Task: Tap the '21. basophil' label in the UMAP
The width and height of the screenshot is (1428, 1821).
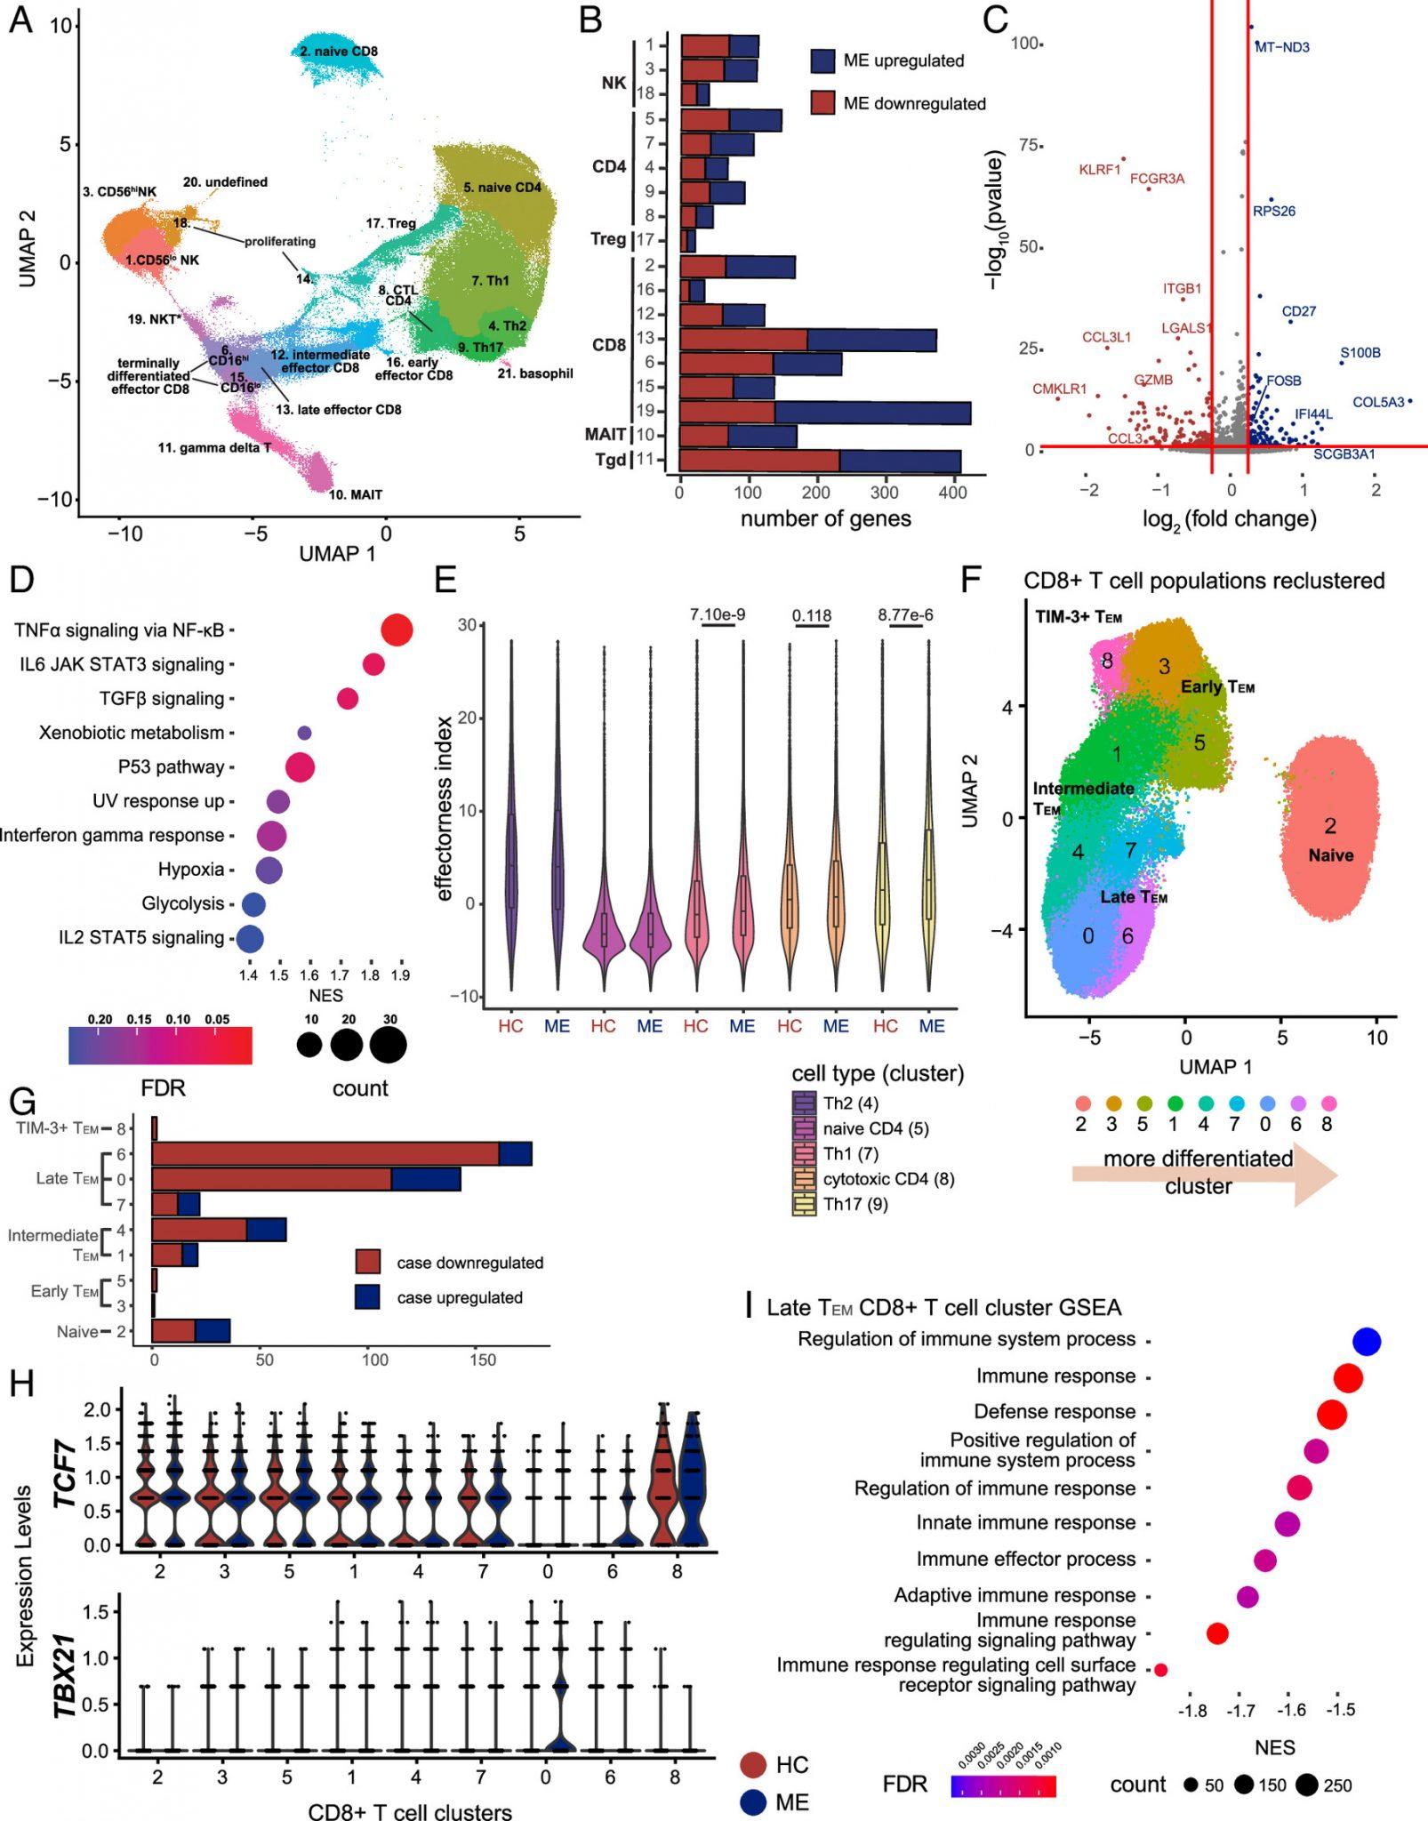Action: [534, 373]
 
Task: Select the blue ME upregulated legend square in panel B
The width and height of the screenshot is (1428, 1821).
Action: [822, 60]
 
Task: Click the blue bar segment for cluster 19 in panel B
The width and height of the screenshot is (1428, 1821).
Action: [871, 412]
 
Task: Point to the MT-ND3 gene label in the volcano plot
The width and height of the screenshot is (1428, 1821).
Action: [1282, 47]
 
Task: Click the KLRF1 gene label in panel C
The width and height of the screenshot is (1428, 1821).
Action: [1099, 169]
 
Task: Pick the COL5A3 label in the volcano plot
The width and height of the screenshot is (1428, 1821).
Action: [1377, 403]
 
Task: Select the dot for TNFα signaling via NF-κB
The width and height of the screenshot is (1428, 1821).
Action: [397, 630]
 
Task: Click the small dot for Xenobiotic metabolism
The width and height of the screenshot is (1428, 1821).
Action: [304, 733]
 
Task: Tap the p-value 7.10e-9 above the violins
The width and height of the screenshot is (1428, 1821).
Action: [718, 614]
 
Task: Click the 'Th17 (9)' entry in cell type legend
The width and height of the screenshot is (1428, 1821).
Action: [855, 1204]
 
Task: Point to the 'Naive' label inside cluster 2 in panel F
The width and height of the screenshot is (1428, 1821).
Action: [1330, 855]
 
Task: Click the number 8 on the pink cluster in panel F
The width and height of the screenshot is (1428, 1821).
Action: [1107, 661]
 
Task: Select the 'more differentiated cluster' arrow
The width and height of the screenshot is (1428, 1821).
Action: [1205, 1173]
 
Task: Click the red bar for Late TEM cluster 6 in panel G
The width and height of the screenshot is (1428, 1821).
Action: [325, 1153]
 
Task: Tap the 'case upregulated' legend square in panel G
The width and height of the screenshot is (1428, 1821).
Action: [367, 1297]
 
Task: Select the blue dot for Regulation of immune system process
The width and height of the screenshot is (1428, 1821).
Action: [1367, 1342]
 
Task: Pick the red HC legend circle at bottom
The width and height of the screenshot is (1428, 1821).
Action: [753, 1764]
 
